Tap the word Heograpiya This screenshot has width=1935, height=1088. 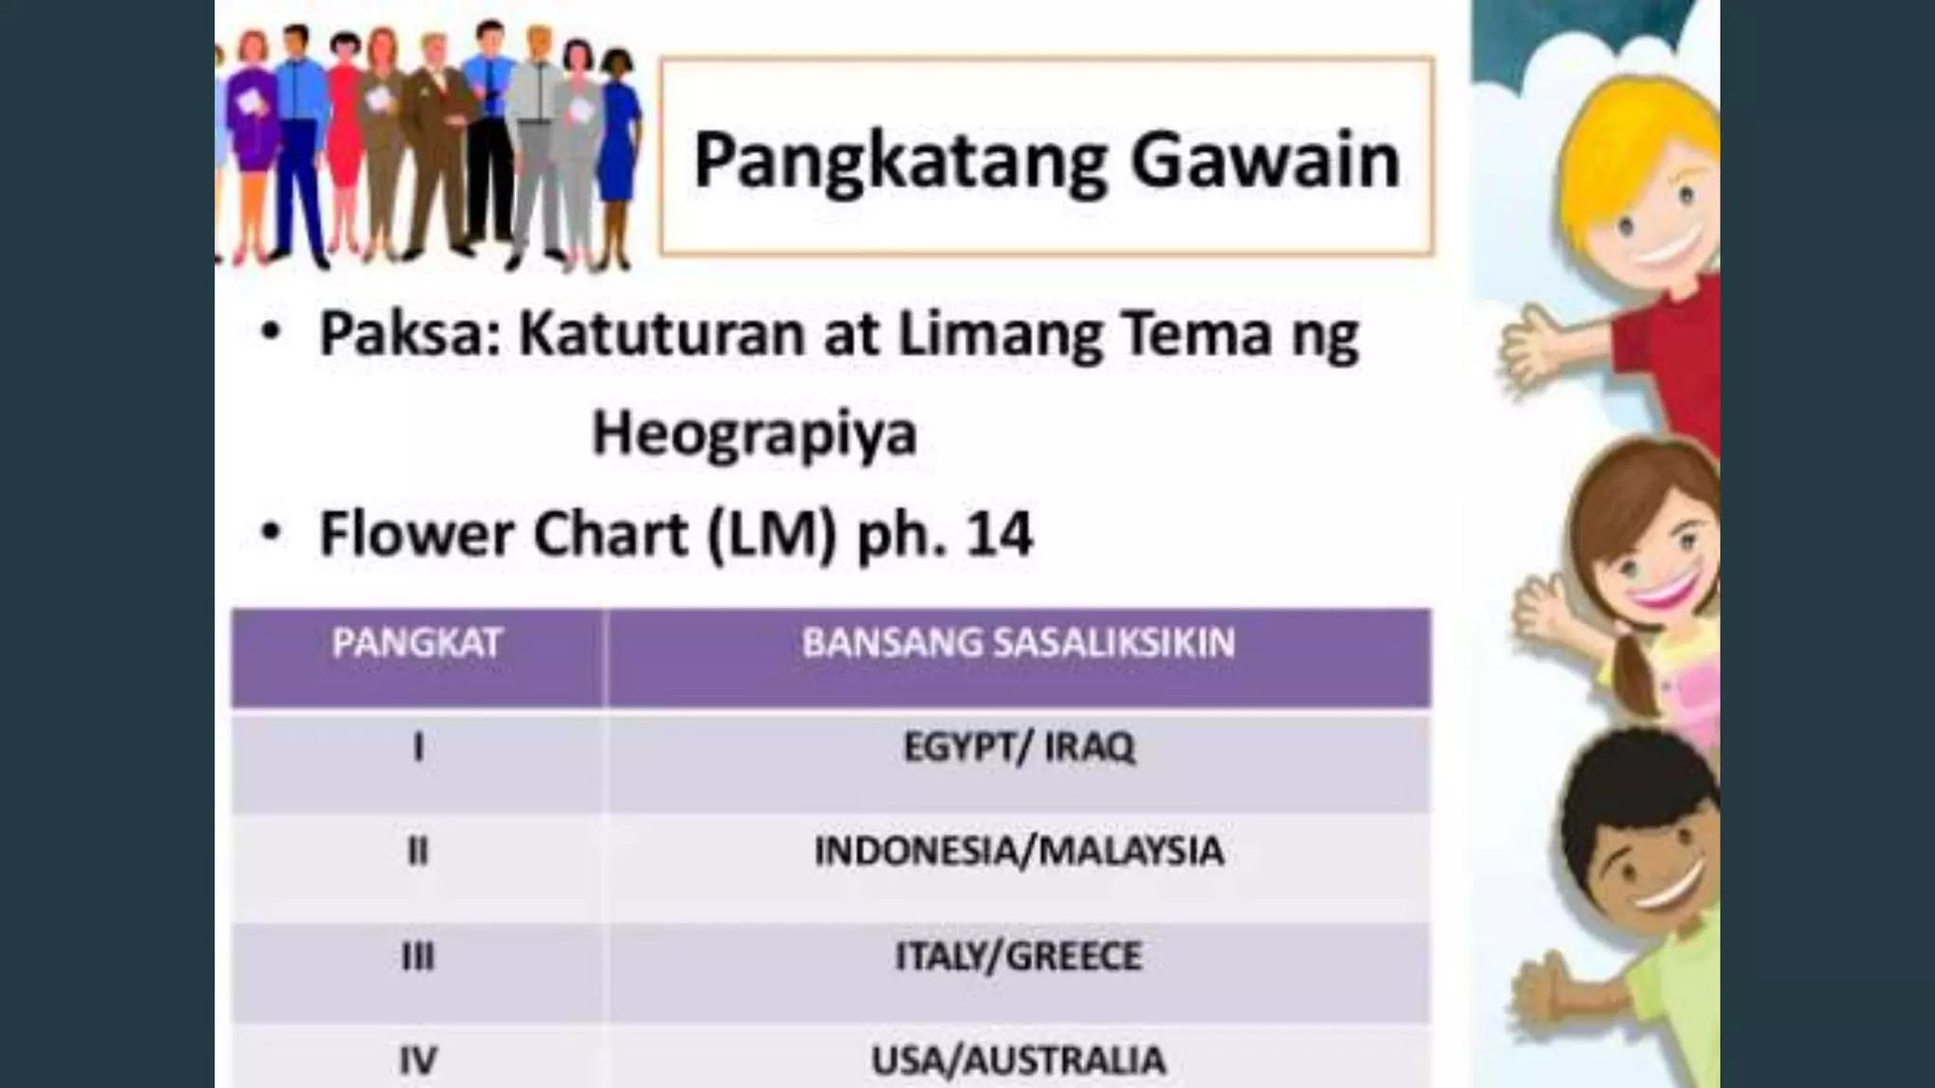coord(754,434)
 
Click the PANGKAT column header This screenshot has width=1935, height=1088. coord(417,643)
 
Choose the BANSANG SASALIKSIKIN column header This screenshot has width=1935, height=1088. coord(1019,643)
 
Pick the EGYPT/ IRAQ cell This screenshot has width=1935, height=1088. coord(1019,747)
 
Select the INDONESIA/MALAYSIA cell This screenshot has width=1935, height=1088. coord(1019,851)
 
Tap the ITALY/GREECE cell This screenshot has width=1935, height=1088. coord(1019,956)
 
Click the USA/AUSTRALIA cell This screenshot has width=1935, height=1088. coord(1019,1061)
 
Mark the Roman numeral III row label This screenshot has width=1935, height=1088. coord(418,957)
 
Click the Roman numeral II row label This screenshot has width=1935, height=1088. coord(418,852)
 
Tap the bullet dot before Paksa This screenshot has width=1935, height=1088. coord(271,332)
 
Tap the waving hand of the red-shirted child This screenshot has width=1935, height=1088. coord(1531,349)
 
